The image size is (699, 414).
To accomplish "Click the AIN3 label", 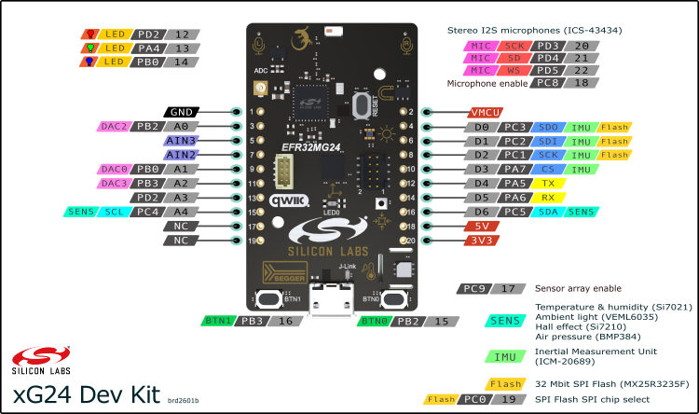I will pos(181,141).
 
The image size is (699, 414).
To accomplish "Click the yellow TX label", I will pos(547,184).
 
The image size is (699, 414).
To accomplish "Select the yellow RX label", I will pos(547,198).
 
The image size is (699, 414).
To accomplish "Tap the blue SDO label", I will pos(547,127).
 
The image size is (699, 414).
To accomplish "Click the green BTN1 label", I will pos(219,321).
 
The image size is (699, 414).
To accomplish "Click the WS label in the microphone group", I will pos(514,70).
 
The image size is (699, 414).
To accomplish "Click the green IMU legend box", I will pos(504,355).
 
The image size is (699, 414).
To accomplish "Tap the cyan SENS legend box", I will pos(504,321).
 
